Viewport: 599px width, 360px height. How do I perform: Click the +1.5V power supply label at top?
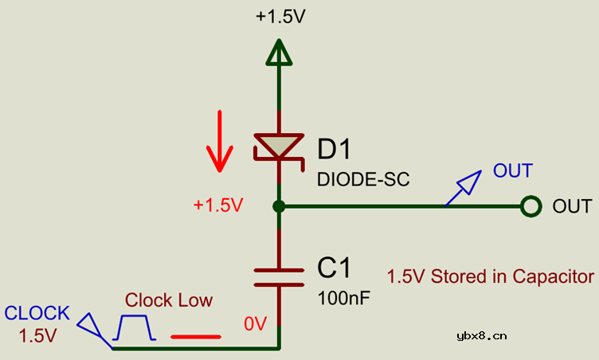click(x=280, y=17)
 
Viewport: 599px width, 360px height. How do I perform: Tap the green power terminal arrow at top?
click(x=278, y=54)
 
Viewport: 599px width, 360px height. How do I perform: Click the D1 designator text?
click(x=334, y=149)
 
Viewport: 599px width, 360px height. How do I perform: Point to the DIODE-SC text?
click(x=363, y=179)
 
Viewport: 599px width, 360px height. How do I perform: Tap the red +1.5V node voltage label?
click(x=217, y=205)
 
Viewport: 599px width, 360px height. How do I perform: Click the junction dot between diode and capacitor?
click(x=278, y=207)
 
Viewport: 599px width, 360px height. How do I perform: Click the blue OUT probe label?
click(x=512, y=170)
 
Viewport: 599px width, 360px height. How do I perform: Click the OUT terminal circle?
click(x=531, y=207)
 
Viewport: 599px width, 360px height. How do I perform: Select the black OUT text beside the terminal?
click(x=572, y=206)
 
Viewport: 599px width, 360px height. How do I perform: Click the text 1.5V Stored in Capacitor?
click(x=491, y=276)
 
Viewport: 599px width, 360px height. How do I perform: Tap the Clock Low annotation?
click(x=169, y=300)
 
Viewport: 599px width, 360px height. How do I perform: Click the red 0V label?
click(x=255, y=323)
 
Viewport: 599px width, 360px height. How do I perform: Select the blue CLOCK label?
click(x=37, y=313)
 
